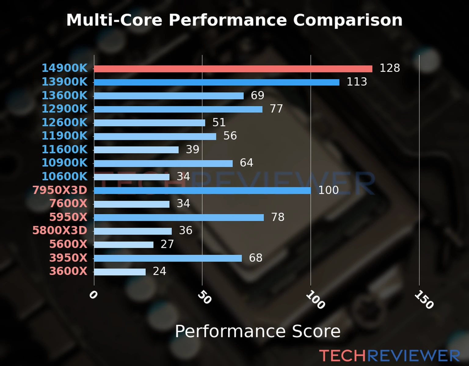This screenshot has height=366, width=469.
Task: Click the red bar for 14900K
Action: click(233, 69)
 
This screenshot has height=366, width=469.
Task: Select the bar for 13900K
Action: click(216, 82)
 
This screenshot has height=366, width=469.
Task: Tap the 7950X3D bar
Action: click(202, 191)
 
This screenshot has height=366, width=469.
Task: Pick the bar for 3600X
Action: click(120, 272)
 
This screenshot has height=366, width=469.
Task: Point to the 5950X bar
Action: click(179, 217)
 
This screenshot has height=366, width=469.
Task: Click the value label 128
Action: click(390, 68)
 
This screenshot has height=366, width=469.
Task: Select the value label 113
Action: click(357, 82)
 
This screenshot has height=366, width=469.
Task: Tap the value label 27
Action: click(167, 244)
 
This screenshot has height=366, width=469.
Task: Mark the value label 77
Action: click(276, 109)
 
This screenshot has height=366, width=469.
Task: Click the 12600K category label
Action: click(64, 122)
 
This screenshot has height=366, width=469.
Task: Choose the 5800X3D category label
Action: click(60, 230)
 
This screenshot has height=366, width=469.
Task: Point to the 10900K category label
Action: click(64, 163)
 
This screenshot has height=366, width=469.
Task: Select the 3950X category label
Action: click(68, 258)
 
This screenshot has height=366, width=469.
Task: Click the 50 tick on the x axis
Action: click(204, 297)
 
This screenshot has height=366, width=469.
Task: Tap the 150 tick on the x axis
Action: click(424, 300)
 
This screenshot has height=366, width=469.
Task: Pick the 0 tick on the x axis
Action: click(93, 295)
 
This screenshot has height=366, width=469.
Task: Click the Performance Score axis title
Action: click(257, 331)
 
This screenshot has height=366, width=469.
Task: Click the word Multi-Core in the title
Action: click(114, 20)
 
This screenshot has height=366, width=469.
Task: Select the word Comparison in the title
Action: click(347, 20)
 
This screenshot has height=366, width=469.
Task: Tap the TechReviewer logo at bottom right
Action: click(389, 356)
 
